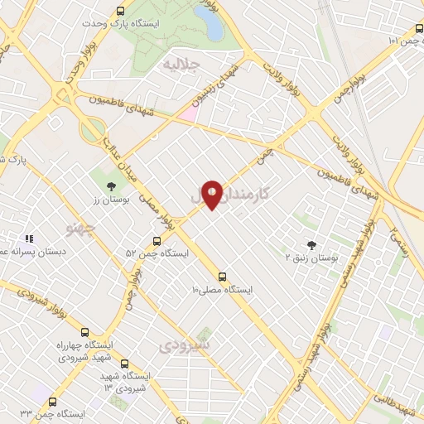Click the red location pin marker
pos(212,194)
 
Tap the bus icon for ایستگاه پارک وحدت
pos(121,11)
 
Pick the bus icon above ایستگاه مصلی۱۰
pos(221,277)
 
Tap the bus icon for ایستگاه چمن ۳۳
pos(53,402)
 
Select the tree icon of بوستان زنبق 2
pos(311,244)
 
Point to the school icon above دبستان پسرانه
pos(28,238)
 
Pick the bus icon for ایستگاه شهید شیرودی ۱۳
pos(125,364)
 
